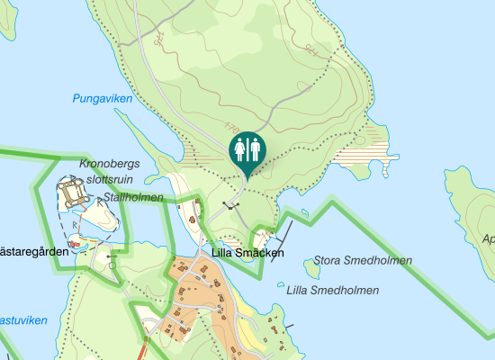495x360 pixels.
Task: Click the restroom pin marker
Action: click(247, 148)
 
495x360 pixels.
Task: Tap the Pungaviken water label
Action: click(102, 99)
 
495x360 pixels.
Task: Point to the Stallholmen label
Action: click(134, 197)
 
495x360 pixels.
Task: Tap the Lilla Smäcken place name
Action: click(247, 254)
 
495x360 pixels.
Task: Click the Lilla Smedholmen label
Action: click(332, 290)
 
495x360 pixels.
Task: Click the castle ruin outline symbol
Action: click(71, 190)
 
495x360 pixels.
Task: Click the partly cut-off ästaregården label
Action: click(34, 252)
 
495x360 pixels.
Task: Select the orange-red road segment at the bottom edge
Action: click(145, 348)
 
